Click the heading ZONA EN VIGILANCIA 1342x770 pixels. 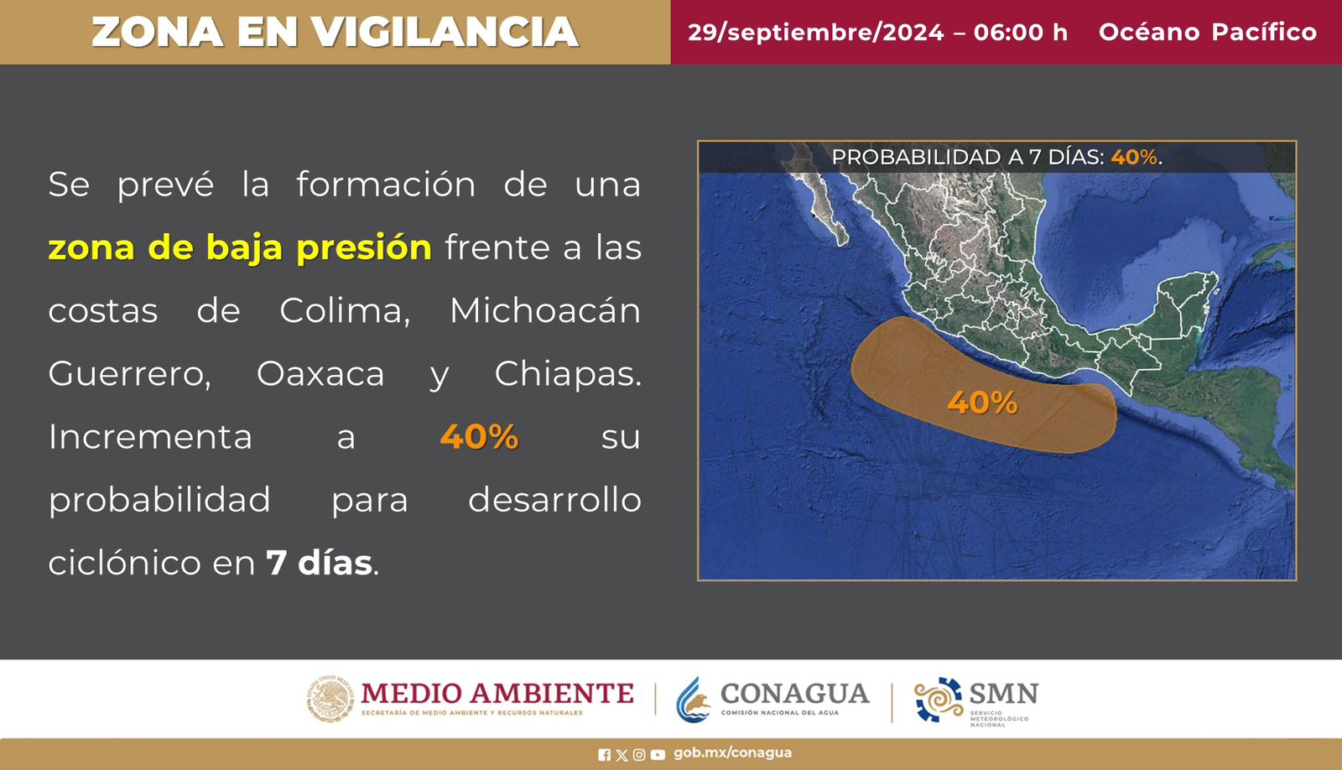[x=335, y=32]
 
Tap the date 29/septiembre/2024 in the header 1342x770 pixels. [x=815, y=33]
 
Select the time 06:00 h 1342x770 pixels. [x=1021, y=33]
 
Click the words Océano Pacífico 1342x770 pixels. [x=1207, y=32]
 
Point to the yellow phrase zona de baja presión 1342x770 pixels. [x=240, y=248]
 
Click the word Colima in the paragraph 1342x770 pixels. [x=345, y=310]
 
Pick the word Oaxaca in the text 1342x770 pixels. [x=320, y=374]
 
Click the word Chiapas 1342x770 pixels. [x=567, y=374]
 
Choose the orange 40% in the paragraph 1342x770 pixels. [x=479, y=436]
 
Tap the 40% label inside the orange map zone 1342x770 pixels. [x=982, y=403]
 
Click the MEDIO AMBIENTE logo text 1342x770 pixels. [x=497, y=694]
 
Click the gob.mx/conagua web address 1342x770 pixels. [x=733, y=752]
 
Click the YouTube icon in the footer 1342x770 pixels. [x=658, y=755]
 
